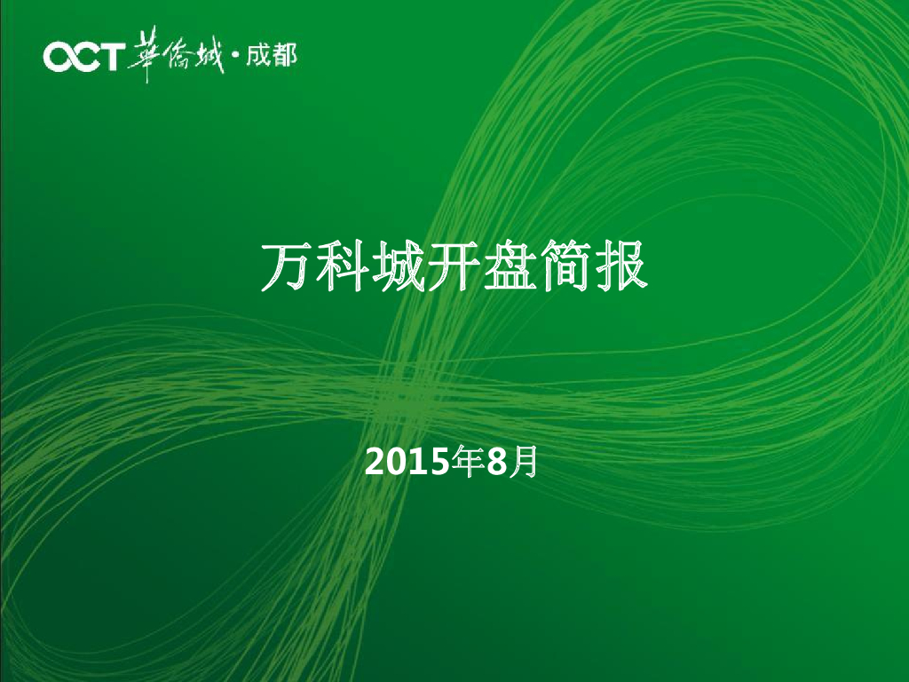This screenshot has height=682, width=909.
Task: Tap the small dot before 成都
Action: [235, 59]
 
